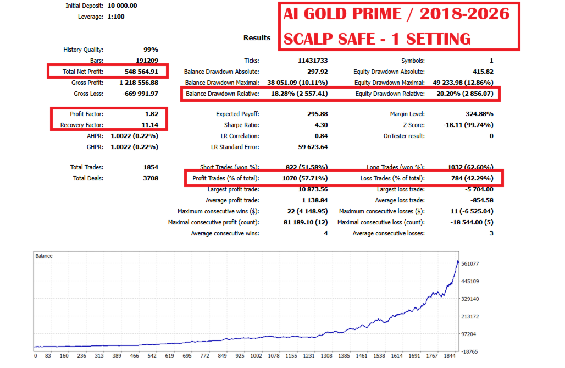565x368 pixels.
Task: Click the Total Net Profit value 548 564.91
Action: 140,72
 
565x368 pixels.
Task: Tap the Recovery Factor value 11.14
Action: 148,125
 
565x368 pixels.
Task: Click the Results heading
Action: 257,38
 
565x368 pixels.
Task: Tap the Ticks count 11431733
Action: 311,61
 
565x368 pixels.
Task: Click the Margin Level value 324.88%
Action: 478,114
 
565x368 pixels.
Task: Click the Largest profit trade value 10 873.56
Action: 311,189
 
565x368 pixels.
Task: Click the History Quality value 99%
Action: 150,50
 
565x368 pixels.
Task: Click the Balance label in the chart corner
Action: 44,256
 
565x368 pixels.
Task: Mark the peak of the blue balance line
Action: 457,261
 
